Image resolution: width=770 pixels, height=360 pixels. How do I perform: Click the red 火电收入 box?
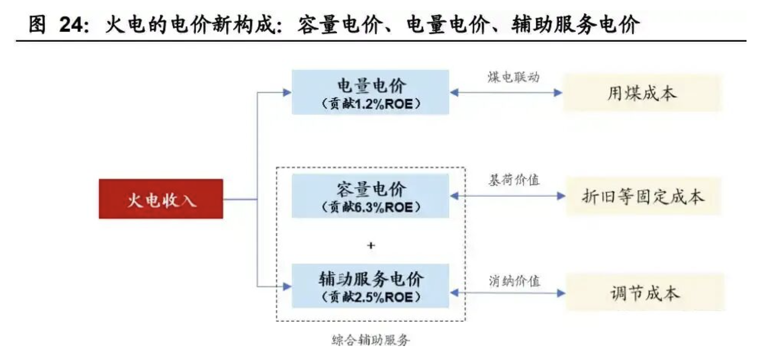point(161,199)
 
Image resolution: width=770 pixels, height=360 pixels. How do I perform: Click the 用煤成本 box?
point(642,93)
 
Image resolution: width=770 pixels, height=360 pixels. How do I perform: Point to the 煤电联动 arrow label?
point(513,77)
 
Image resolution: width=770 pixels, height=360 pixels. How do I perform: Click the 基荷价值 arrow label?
point(514,180)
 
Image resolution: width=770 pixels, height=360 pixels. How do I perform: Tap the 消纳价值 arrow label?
point(514,281)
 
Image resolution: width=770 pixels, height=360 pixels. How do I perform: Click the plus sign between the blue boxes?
point(371,245)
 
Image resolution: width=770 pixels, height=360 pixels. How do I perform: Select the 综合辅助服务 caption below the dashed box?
point(371,340)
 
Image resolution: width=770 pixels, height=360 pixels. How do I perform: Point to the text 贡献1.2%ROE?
point(371,104)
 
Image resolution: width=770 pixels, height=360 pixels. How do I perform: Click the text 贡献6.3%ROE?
point(371,208)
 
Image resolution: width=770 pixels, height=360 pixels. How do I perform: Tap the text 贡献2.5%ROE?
point(371,298)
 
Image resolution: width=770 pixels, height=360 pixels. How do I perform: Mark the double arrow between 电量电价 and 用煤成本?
point(506,93)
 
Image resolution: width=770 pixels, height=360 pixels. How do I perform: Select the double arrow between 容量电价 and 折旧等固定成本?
point(507,196)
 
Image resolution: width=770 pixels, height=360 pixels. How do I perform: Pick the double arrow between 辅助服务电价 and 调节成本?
point(507,293)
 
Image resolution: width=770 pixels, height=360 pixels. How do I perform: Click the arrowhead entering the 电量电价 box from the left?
point(287,92)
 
